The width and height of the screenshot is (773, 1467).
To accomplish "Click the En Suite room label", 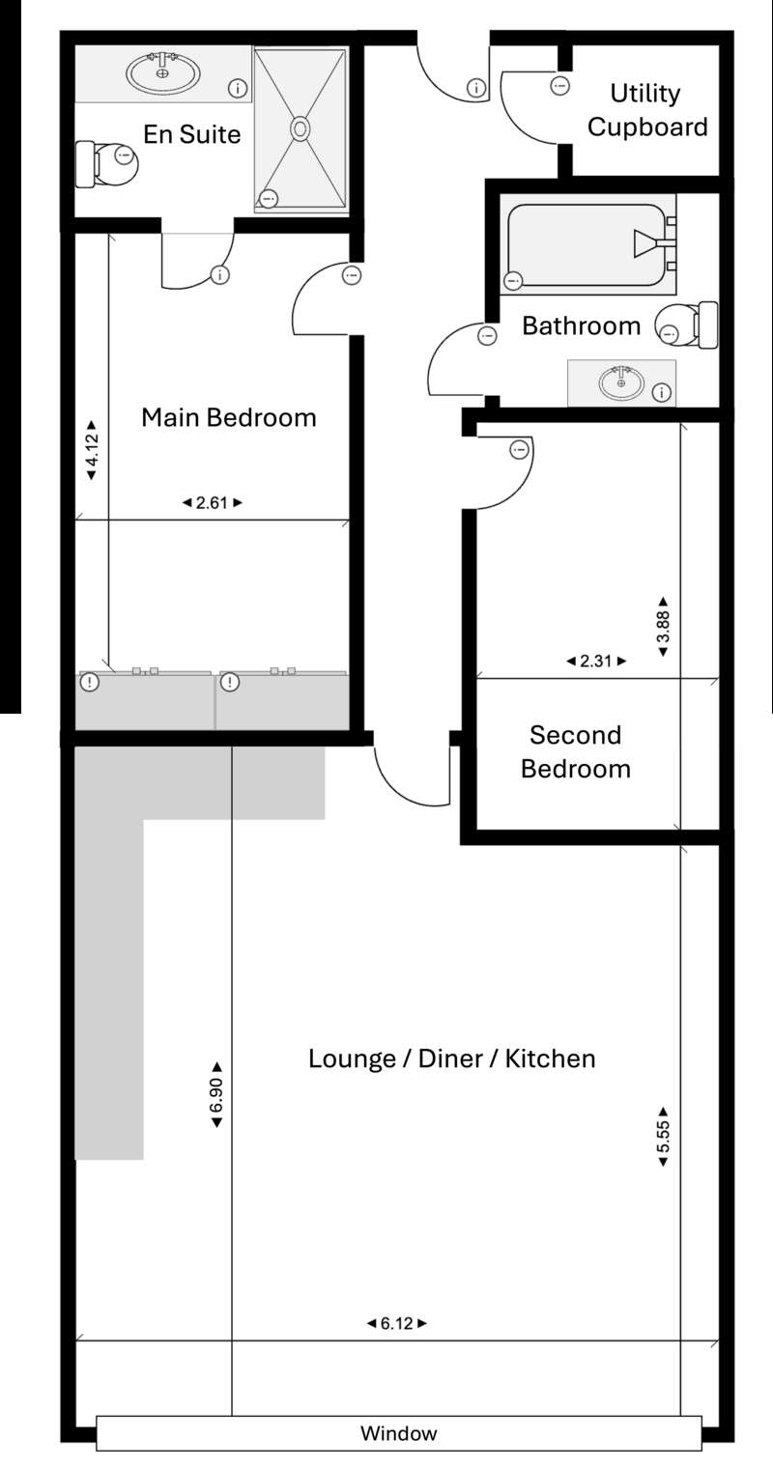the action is click(x=192, y=134).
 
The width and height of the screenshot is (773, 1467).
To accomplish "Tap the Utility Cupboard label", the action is click(x=647, y=110).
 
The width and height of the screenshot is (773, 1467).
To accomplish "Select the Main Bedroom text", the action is click(x=229, y=417).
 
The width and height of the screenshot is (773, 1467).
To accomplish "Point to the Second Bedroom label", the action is click(x=576, y=751).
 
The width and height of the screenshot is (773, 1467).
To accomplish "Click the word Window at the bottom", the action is click(x=398, y=1433).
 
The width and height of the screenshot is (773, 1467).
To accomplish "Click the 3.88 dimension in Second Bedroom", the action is click(x=663, y=627).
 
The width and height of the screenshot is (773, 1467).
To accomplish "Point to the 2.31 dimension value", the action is click(x=596, y=661).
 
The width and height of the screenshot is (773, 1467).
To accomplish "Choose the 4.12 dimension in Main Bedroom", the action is click(x=92, y=451).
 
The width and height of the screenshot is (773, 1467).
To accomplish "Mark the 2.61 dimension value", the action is click(x=212, y=503).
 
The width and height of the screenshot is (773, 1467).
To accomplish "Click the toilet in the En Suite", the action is click(x=107, y=164).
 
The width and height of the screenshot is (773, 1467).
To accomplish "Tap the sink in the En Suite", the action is click(x=163, y=72).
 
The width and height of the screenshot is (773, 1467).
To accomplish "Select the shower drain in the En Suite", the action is click(x=301, y=128).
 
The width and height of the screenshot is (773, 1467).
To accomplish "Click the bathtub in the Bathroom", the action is click(x=588, y=245).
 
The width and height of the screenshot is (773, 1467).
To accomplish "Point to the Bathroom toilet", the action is click(x=687, y=324).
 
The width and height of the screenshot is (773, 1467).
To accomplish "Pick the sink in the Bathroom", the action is click(x=621, y=382).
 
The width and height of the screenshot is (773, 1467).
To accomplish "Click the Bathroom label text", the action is click(x=581, y=325).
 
